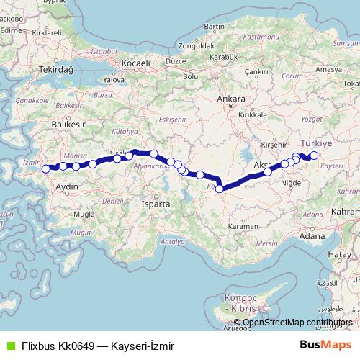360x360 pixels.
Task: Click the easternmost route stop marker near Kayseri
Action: [x=314, y=156]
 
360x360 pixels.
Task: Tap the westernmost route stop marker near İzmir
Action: [x=46, y=169]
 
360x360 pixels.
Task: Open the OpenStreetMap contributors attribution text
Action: [x=297, y=323]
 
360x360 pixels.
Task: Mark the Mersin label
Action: [x=266, y=243]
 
